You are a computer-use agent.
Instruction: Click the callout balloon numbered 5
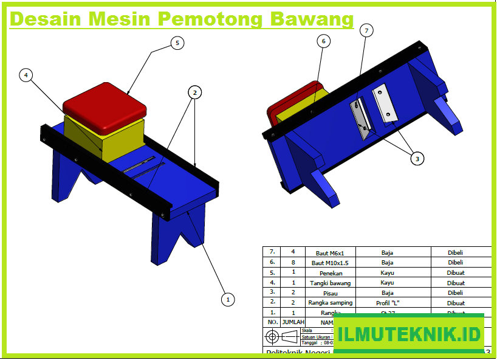point(177,43)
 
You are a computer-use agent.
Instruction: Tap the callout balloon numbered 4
point(26,75)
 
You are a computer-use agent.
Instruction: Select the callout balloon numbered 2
point(194,92)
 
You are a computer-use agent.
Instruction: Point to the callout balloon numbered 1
point(227,299)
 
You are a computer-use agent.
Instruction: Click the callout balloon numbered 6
point(323,41)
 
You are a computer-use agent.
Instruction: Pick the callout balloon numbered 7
point(366,31)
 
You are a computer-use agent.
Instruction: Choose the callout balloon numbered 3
point(416,159)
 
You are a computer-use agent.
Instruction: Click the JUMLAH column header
point(293,322)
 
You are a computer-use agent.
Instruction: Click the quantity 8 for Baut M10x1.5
point(293,263)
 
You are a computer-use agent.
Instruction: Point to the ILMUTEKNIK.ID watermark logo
point(409,334)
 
